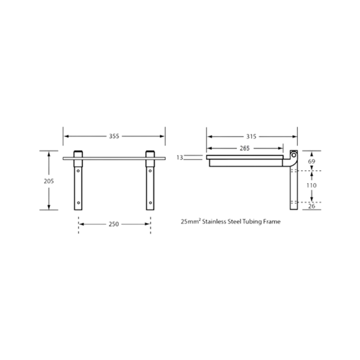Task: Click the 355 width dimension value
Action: click(114, 136)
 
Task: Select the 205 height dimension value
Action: click(49, 181)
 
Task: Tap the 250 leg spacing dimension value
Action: click(113, 224)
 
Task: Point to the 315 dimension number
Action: click(251, 136)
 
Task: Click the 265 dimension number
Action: click(245, 149)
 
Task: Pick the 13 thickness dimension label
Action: click(180, 157)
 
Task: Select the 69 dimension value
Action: click(311, 161)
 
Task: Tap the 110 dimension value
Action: click(311, 185)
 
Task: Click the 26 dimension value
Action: click(311, 206)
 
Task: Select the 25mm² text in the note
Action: click(190, 222)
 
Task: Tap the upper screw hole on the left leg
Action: click(78, 171)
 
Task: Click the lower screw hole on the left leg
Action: click(78, 203)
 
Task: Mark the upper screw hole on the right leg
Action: click(150, 171)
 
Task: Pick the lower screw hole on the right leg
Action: click(150, 203)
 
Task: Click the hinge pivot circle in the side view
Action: click(294, 155)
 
